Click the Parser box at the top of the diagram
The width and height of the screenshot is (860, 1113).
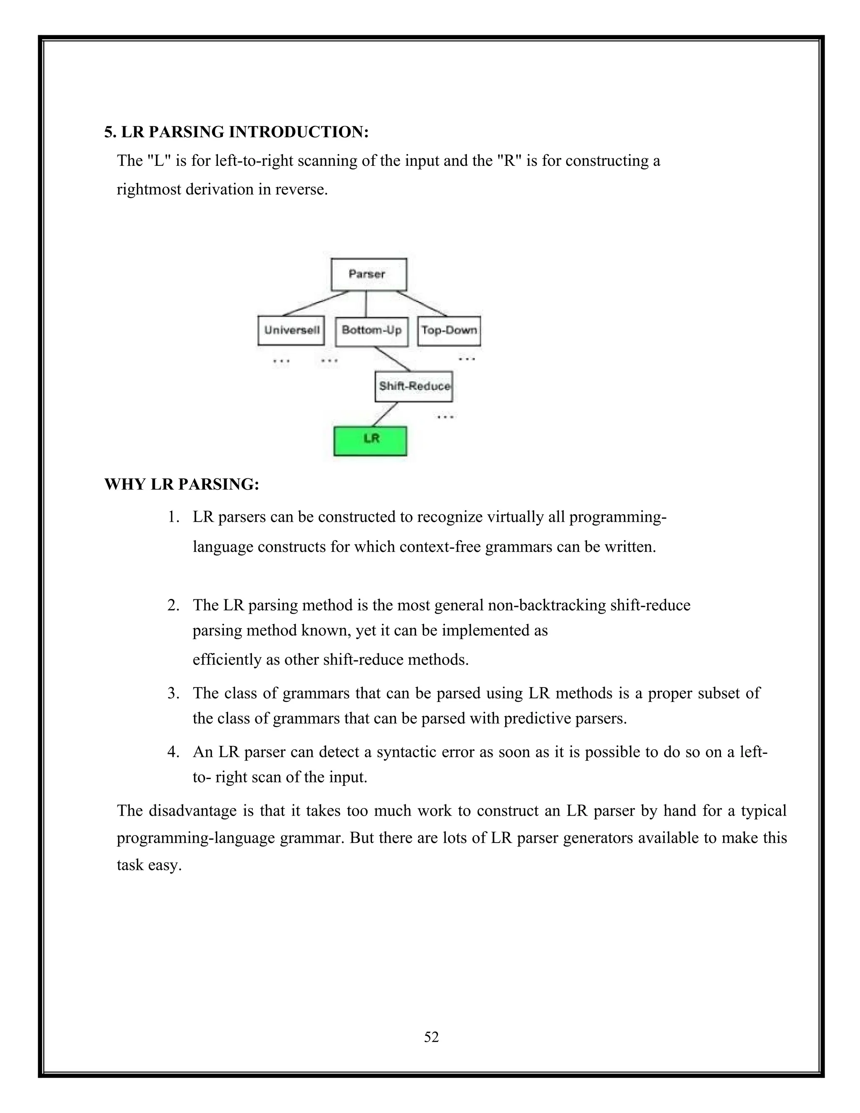pos(368,274)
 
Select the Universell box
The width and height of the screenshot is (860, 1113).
pos(291,330)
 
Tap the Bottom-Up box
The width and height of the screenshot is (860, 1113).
pos(371,331)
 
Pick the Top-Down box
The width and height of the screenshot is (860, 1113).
pos(449,331)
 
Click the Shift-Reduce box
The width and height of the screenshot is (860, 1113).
pos(414,386)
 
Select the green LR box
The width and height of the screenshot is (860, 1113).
pos(370,440)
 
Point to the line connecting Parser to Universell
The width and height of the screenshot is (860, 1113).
pos(316,303)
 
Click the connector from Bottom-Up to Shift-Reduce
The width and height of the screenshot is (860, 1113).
pos(392,359)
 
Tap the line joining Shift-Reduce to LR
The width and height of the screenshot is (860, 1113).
pos(385,414)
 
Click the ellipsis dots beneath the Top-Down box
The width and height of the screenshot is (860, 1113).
pos(467,359)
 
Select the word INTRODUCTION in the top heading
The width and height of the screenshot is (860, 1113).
pos(299,132)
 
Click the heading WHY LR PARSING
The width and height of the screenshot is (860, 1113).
pos(182,484)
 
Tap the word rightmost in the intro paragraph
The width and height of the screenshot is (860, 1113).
pos(149,189)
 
